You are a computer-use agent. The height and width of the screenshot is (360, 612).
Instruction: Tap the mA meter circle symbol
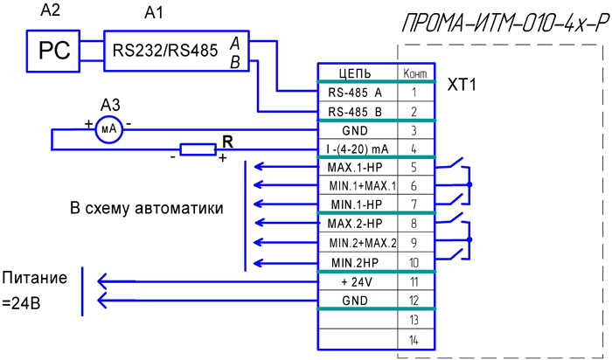109,128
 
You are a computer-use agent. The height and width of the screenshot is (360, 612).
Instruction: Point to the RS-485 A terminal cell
356,91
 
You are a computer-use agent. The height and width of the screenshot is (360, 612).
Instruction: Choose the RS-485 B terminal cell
356,111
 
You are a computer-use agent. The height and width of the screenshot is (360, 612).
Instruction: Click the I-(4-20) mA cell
356,149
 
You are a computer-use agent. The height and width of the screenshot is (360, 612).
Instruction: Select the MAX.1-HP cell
356,167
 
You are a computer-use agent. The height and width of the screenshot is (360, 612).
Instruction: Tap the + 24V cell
356,281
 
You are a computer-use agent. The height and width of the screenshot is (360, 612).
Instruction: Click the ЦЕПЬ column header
356,73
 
